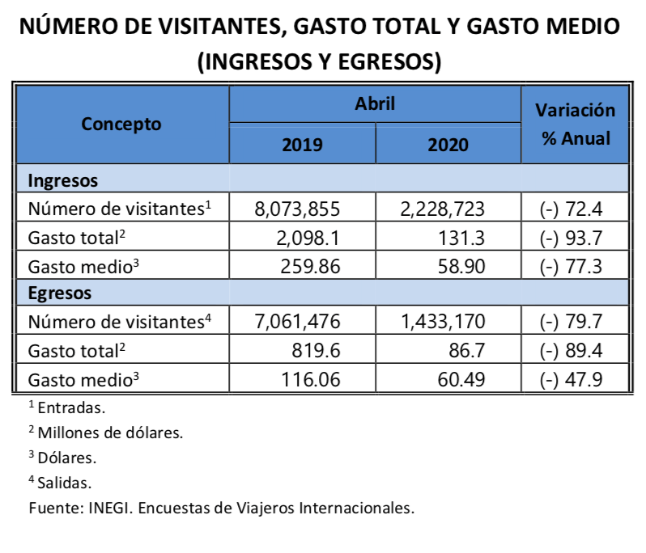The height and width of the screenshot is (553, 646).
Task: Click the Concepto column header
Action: (121, 124)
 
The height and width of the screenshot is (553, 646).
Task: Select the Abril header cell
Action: (374, 103)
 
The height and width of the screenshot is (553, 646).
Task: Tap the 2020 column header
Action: (448, 145)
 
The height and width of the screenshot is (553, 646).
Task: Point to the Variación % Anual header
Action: (576, 124)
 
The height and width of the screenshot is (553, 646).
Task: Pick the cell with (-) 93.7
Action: (571, 238)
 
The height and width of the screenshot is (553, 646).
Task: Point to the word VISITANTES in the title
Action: (207, 27)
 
